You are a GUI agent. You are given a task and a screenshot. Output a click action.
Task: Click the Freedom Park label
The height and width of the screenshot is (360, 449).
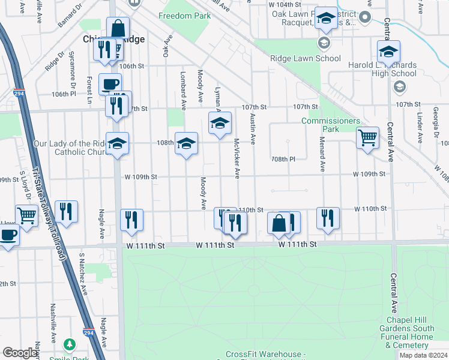[185, 16]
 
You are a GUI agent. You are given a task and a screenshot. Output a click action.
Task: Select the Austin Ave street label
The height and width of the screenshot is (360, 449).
[253, 130]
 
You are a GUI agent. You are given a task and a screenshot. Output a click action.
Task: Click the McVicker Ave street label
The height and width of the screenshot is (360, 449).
[237, 160]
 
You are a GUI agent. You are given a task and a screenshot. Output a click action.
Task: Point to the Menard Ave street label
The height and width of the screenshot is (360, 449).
[322, 159]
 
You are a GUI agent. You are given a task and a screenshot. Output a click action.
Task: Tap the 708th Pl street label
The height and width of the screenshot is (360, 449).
[283, 160]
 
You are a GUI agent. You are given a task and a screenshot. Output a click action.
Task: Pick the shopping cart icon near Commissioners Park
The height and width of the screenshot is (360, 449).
[367, 137]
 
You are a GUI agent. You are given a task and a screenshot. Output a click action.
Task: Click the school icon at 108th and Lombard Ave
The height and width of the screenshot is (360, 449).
[186, 143]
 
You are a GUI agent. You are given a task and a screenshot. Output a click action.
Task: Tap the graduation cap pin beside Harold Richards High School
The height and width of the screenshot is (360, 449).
[388, 52]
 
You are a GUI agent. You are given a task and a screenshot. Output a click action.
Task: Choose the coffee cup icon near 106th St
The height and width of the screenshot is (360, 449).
[109, 83]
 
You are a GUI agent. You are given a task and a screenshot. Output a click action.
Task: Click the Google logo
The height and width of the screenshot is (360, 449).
[20, 353]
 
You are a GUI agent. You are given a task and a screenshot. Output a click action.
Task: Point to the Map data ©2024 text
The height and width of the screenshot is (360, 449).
[423, 355]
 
